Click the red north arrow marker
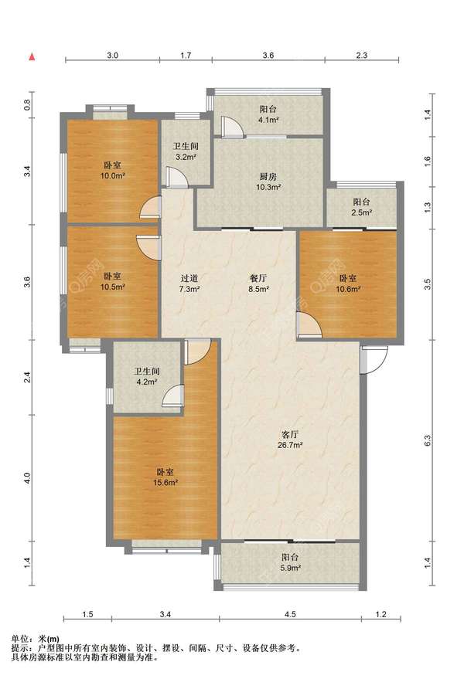(32, 56)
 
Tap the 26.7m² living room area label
(290, 439)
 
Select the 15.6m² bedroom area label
(165, 477)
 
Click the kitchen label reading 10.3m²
(268, 182)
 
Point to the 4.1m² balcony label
(268, 114)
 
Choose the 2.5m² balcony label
(362, 207)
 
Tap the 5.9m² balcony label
(290, 562)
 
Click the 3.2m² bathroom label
(186, 151)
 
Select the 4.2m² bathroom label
(146, 377)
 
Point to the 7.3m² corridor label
(189, 283)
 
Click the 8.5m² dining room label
(258, 283)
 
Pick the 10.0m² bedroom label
(113, 171)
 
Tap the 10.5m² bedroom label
(113, 281)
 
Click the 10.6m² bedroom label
(348, 283)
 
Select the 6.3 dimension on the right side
(427, 441)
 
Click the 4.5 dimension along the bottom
(290, 614)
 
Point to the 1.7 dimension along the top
(186, 55)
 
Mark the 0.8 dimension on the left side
(27, 105)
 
